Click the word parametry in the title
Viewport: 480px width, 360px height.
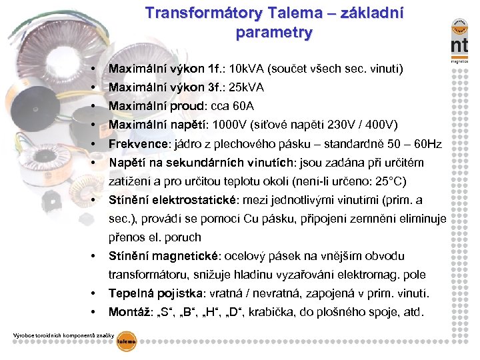274,32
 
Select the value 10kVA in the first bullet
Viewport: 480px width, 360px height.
245,69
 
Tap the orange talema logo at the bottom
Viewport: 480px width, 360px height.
127,341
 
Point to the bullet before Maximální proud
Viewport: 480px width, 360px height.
97,107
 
